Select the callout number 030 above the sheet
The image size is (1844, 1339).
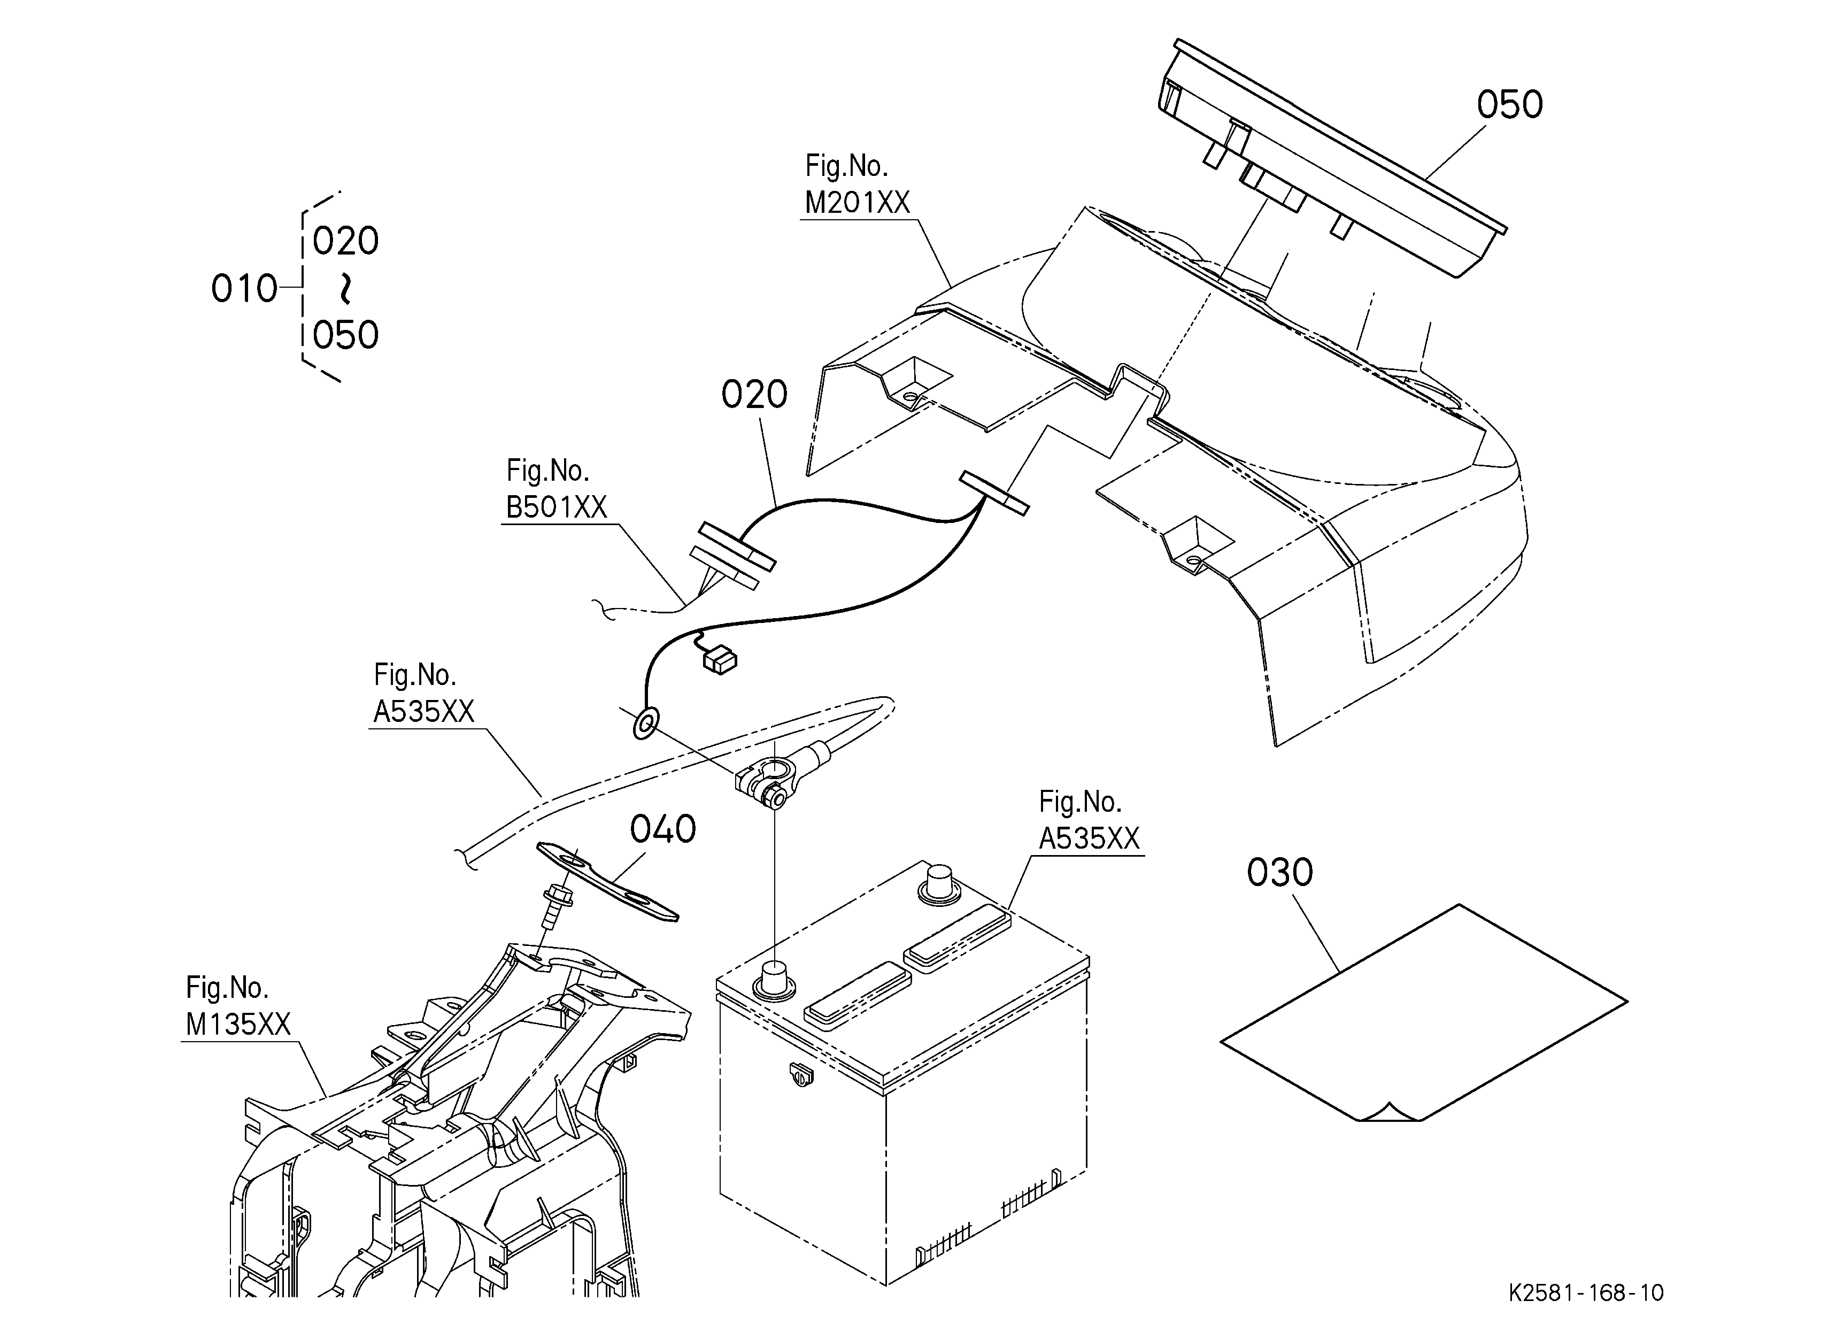[1280, 872]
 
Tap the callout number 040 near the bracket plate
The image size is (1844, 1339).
[662, 829]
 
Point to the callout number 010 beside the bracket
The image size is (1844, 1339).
[244, 289]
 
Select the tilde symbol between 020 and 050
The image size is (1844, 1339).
[345, 288]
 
